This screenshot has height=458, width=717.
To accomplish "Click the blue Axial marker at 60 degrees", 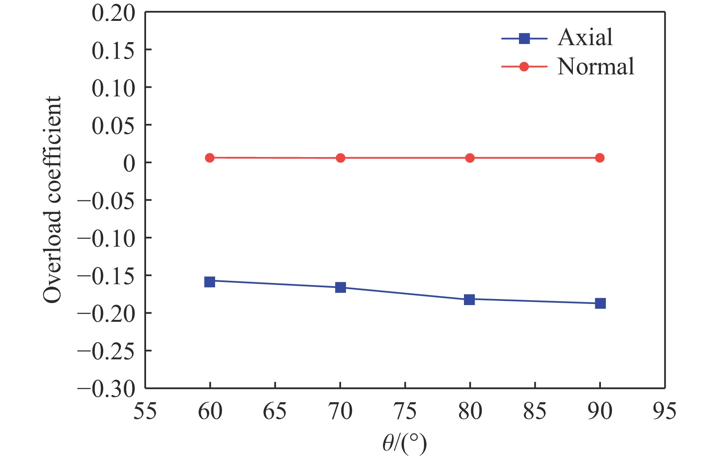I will coord(210,282).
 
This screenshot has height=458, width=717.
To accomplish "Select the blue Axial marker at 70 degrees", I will coord(341,287).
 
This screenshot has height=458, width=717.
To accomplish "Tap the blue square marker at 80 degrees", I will coord(470,299).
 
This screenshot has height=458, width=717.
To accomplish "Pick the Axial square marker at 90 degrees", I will coord(600,303).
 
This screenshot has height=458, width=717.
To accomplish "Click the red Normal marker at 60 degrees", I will coord(210,158).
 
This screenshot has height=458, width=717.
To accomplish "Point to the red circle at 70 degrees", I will coord(341,158).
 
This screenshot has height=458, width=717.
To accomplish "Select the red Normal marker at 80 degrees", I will coord(470,158).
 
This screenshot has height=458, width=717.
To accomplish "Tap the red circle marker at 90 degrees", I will coord(600,158).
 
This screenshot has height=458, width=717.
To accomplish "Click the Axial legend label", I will coord(585,38).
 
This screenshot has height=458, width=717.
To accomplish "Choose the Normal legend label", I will coord(596,67).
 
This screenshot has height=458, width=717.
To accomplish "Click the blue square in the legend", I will coord(524,38).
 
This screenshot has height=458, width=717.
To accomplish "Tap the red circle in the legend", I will coord(524,67).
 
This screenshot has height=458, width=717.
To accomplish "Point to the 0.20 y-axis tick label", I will coord(113,13).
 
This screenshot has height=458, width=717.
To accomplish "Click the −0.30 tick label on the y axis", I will coord(107,389).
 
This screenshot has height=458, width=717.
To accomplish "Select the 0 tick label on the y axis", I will coord(129,164).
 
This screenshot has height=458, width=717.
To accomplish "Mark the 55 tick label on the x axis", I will coord(145,411).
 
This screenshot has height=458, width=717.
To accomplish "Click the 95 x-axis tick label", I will coord(664,411).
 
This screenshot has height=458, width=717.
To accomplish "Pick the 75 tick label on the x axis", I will coord(405,411).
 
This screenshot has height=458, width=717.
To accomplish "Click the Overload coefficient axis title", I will coord(52,200).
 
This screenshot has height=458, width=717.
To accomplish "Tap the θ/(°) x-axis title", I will coord(404,444).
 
